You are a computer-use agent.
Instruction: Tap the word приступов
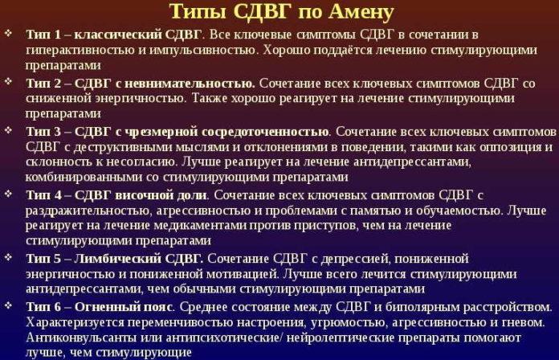(300, 225)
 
